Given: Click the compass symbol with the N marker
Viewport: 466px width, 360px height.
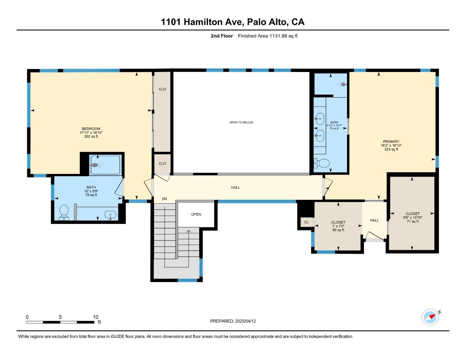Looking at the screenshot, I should [x=430, y=317].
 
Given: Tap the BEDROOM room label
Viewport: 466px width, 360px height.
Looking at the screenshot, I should [x=91, y=129].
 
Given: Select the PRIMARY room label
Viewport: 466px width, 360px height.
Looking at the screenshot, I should [x=391, y=142].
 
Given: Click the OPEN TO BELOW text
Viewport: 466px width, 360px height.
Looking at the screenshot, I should [x=241, y=122].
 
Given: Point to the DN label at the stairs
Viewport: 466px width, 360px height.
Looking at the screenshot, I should [x=164, y=199].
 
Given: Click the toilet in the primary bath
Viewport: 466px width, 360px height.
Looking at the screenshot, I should [x=322, y=163].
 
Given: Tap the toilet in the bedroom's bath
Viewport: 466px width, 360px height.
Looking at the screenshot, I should [x=64, y=212].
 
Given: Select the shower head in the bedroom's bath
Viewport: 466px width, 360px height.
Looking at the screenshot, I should [x=95, y=165].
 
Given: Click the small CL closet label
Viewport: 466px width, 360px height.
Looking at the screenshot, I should [x=306, y=222].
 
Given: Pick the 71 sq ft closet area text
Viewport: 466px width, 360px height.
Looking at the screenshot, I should [x=412, y=221].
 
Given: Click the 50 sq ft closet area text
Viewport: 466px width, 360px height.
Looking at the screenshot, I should [x=338, y=230].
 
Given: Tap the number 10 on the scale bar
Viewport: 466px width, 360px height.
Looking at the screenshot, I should [x=96, y=317].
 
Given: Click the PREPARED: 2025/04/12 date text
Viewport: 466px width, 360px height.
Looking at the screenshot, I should [x=233, y=321].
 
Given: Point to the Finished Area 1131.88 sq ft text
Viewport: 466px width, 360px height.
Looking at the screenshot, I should [x=267, y=36].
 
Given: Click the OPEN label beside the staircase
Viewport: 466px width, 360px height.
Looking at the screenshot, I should [x=196, y=214].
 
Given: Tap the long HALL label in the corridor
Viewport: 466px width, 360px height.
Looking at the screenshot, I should [x=235, y=187].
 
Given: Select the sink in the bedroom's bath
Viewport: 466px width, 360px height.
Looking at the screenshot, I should [x=110, y=215].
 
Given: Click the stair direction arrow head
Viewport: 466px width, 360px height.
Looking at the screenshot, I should [x=189, y=231].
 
